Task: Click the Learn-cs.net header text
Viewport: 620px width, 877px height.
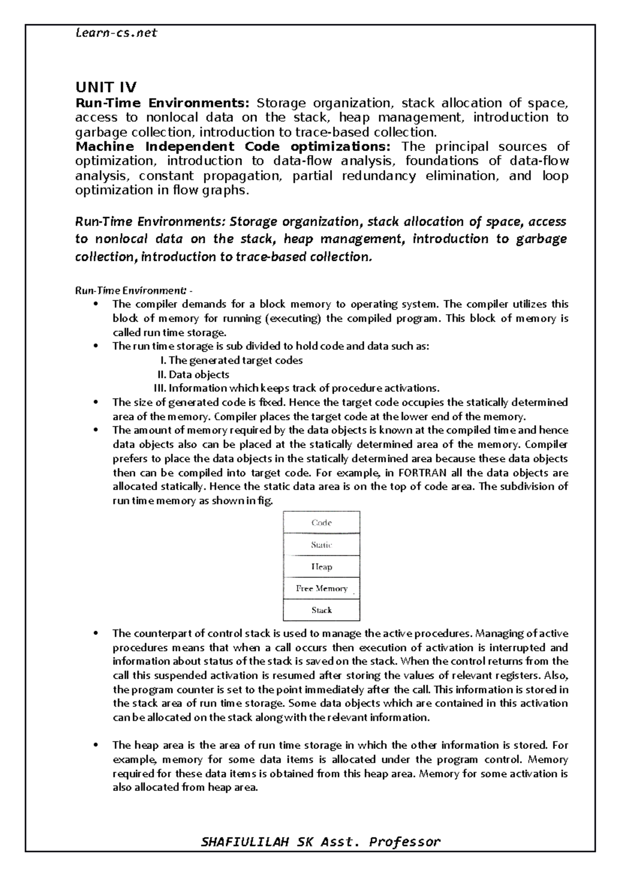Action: pyautogui.click(x=116, y=34)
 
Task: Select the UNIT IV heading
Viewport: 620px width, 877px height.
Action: pyautogui.click(x=106, y=87)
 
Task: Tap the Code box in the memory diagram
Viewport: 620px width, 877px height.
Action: pyautogui.click(x=321, y=523)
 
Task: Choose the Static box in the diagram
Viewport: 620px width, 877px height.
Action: pyautogui.click(x=321, y=545)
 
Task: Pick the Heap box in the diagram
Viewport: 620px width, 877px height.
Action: pyautogui.click(x=321, y=567)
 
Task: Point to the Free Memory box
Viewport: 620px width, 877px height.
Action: pyautogui.click(x=321, y=588)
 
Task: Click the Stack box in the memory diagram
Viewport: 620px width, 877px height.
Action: pyautogui.click(x=321, y=610)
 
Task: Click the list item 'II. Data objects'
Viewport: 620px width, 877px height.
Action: pyautogui.click(x=193, y=374)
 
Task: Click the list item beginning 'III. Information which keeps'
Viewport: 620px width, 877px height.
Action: pyautogui.click(x=297, y=388)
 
